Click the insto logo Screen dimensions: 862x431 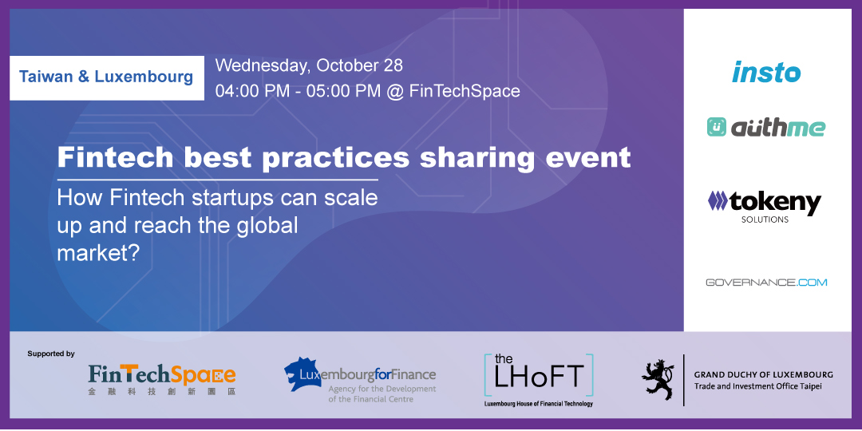coord(765,73)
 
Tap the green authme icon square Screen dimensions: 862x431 coord(716,127)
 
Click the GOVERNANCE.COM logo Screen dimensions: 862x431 coord(766,282)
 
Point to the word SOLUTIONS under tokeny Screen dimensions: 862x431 coord(765,220)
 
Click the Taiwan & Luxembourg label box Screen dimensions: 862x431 coord(107,77)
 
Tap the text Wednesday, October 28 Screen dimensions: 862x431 coord(309,65)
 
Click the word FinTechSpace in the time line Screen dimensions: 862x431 coord(465,91)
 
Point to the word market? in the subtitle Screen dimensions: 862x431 coord(97,253)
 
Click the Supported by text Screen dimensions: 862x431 coord(51,354)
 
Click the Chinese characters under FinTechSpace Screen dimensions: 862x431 coord(161,391)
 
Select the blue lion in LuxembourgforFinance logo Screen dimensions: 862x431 coord(302,374)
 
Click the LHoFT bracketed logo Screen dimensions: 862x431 coord(539,375)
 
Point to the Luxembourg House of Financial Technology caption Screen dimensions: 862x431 coord(539,404)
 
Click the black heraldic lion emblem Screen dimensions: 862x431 coord(658,380)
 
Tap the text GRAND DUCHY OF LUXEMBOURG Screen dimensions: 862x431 coord(764,375)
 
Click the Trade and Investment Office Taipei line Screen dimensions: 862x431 coord(757,386)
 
